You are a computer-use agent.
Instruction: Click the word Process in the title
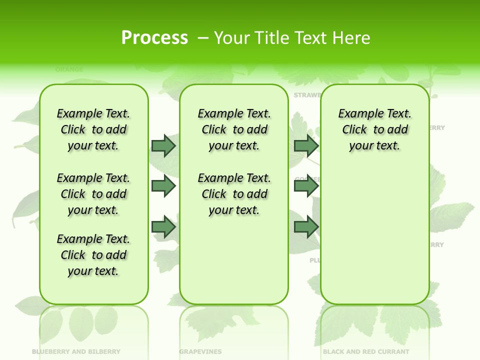(154, 38)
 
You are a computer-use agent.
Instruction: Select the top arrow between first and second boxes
(163, 145)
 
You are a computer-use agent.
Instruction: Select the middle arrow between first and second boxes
(163, 186)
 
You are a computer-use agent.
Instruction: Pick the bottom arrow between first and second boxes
(163, 227)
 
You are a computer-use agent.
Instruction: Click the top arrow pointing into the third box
(306, 145)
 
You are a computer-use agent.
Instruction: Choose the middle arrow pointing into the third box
(306, 186)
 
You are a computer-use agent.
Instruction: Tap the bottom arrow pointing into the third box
(306, 227)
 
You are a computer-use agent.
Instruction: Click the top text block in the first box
(93, 129)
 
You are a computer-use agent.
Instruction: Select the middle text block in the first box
(93, 194)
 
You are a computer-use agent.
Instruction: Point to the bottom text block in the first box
(93, 255)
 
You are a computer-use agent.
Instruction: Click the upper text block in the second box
(234, 129)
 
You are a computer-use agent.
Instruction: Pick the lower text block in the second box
(234, 194)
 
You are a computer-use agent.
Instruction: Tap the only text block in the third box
(374, 129)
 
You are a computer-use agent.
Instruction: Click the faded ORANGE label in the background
(69, 69)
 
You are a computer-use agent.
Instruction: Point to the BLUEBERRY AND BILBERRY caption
(76, 351)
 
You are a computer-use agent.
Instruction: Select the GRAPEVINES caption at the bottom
(200, 351)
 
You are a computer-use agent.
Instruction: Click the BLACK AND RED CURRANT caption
(366, 351)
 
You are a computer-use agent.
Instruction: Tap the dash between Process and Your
(203, 38)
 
